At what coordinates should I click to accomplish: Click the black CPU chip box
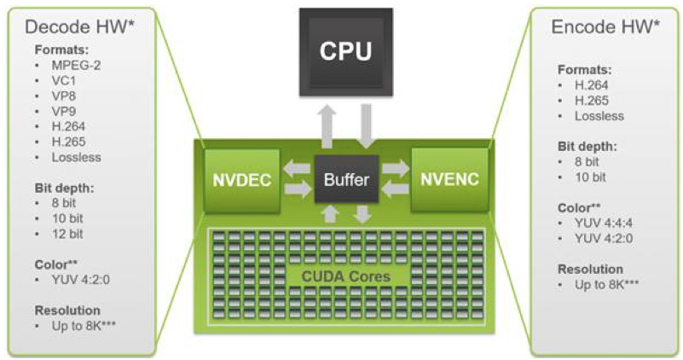pyautogui.click(x=345, y=50)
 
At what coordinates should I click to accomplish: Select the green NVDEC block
pyautogui.click(x=242, y=180)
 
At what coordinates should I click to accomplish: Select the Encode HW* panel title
pyautogui.click(x=606, y=28)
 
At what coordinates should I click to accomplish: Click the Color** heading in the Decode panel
pyautogui.click(x=57, y=264)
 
